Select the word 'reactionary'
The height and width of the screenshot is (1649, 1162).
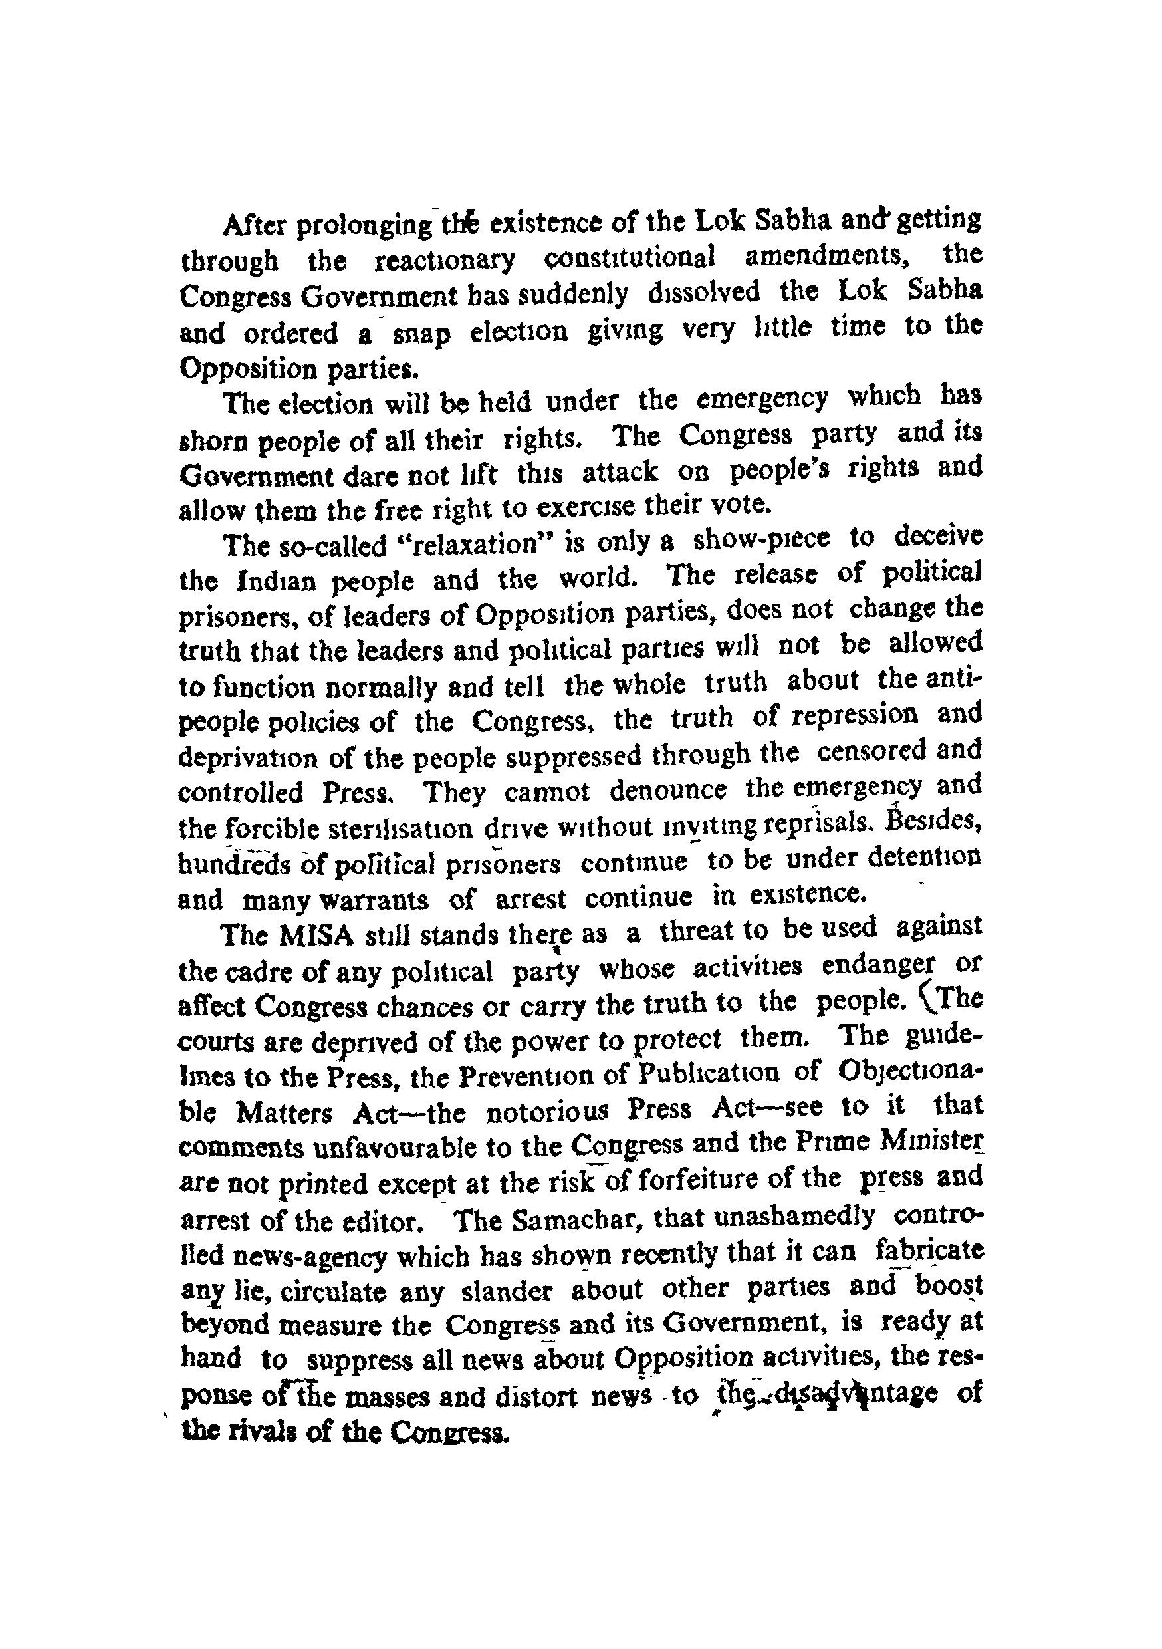(445, 260)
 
